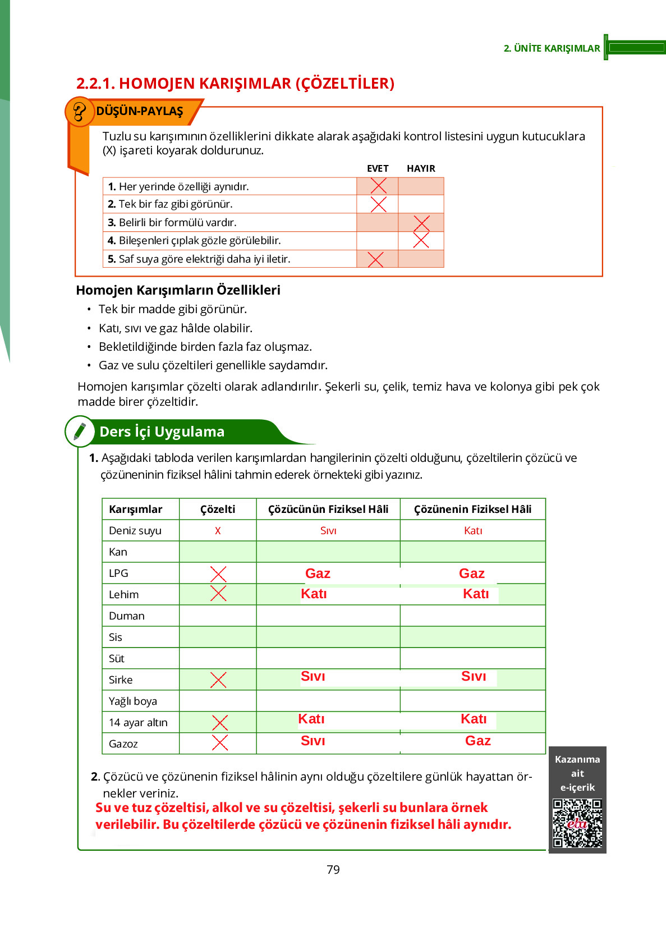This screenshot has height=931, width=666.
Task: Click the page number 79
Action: click(x=333, y=869)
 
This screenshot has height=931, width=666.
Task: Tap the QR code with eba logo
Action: click(x=577, y=823)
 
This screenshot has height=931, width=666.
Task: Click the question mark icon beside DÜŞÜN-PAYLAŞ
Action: click(x=79, y=112)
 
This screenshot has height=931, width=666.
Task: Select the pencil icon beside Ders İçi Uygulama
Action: click(x=80, y=431)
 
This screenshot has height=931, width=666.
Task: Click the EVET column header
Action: click(x=378, y=168)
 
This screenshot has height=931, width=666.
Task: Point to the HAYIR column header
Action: click(x=421, y=168)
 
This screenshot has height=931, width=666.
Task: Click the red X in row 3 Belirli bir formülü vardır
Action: click(x=421, y=223)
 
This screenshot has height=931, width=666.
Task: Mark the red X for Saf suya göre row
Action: click(x=375, y=259)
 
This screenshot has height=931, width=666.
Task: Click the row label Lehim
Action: click(x=123, y=594)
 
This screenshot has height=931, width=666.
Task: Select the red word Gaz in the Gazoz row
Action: click(x=477, y=741)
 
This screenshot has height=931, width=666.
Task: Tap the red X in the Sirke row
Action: click(x=218, y=680)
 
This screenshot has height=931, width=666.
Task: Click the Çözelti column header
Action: click(x=218, y=509)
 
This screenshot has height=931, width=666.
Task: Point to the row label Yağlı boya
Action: click(x=133, y=701)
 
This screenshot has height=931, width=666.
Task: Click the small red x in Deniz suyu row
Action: click(x=218, y=530)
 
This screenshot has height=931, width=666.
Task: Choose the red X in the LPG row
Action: click(x=218, y=574)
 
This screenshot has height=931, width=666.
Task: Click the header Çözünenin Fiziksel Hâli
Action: click(x=472, y=509)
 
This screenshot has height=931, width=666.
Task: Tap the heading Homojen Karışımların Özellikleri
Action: click(x=178, y=290)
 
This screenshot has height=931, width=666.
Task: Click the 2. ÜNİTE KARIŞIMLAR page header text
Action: click(x=552, y=48)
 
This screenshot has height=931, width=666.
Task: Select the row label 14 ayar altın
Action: click(x=138, y=722)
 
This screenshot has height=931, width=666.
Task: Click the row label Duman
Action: click(x=127, y=616)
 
